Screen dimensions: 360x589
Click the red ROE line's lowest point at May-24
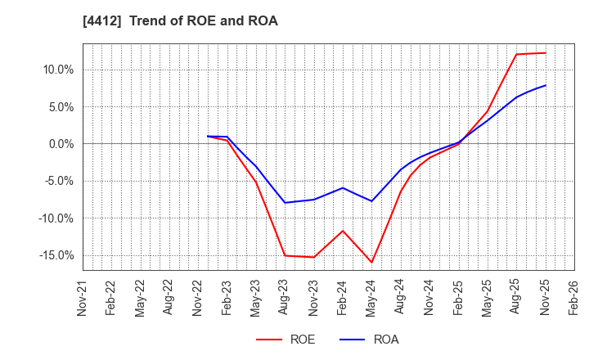(x=372, y=263)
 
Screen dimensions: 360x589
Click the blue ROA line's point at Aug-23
(x=286, y=203)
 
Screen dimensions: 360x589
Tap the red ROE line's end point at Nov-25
(x=546, y=53)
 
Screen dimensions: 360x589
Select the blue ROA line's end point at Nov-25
(x=546, y=85)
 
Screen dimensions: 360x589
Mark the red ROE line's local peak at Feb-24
(x=343, y=231)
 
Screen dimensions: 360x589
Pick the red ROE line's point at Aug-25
(x=516, y=55)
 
